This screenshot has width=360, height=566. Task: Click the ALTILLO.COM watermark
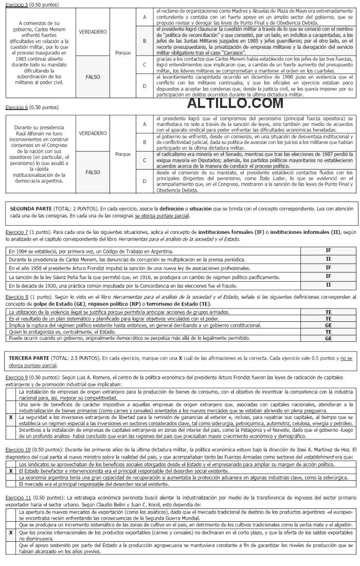coord(235,103)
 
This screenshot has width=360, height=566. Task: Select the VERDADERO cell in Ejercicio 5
coord(93,32)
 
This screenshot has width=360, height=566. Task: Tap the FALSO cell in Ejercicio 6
coord(93,172)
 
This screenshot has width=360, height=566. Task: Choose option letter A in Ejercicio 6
coord(145,124)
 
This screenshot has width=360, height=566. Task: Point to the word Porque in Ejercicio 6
coord(123,154)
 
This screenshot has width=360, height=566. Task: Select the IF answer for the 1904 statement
coord(328,250)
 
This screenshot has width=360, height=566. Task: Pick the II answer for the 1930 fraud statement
coord(328,284)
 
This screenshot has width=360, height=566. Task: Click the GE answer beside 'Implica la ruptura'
coord(328,325)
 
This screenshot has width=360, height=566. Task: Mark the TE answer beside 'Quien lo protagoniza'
coord(328,332)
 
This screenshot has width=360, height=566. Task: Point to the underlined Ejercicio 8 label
coord(16,297)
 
